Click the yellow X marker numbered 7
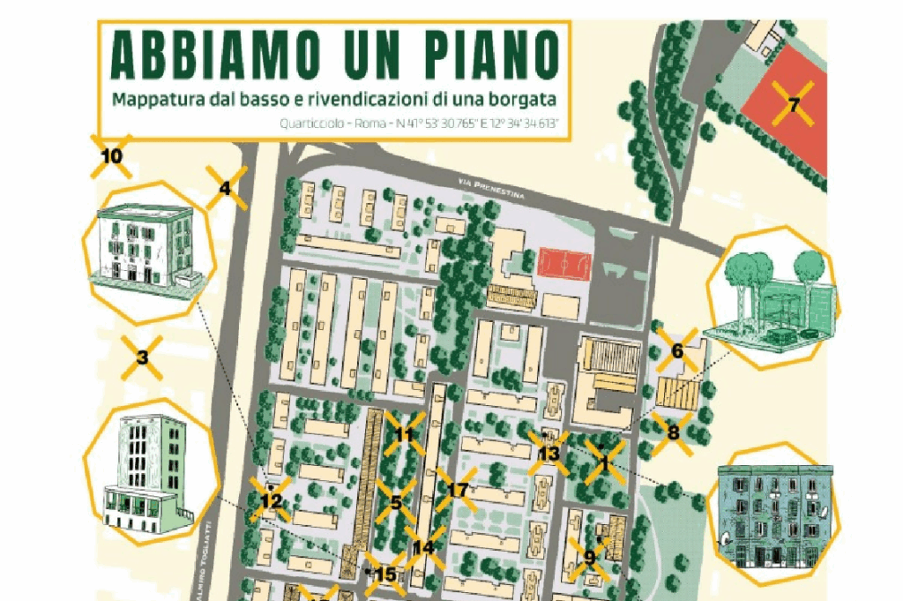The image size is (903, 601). click(793, 105)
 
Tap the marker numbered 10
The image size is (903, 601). click(112, 156)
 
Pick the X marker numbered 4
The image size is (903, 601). click(226, 187)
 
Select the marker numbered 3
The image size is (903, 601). click(142, 357)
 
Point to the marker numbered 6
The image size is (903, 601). click(677, 350)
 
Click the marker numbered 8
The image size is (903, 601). click(673, 432)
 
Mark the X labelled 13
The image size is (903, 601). click(549, 454)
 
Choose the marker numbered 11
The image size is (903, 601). click(404, 433)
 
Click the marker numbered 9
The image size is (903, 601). click(589, 557)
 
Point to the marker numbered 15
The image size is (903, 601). click(385, 575)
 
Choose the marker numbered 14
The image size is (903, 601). click(423, 547)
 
